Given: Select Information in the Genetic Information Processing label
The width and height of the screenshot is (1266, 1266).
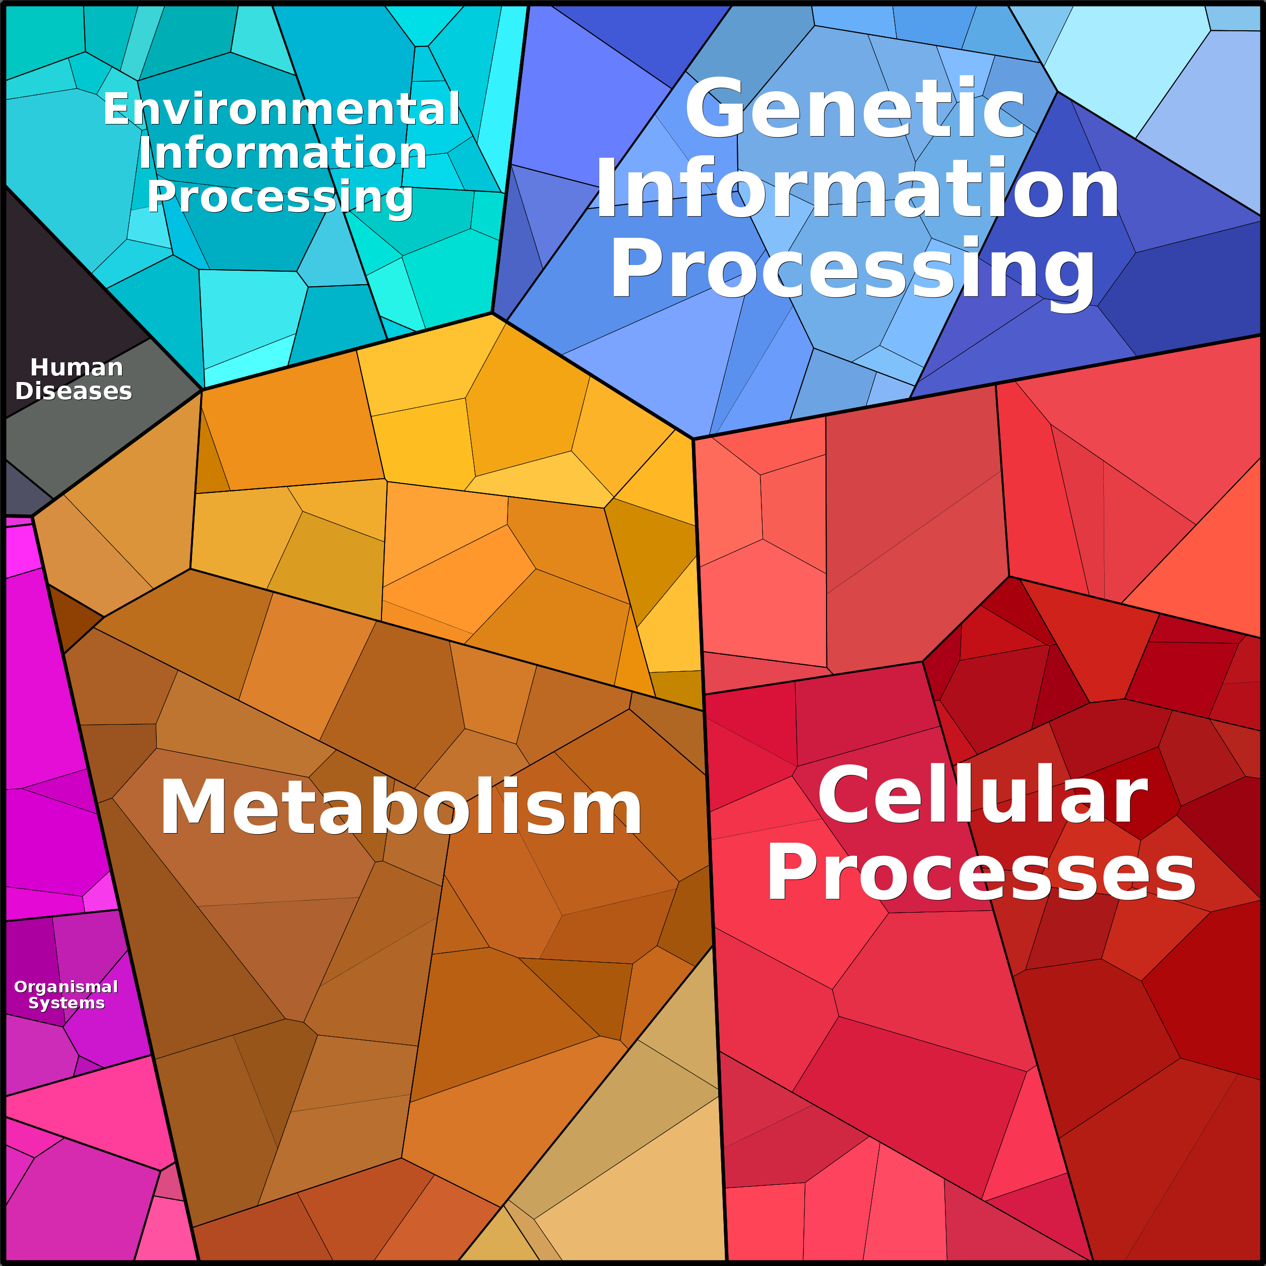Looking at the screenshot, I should click(x=857, y=190).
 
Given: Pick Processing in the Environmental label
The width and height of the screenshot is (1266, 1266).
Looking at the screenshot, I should click(x=280, y=197).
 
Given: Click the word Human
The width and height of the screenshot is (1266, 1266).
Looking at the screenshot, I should click(x=77, y=367).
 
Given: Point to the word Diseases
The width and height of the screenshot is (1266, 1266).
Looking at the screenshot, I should click(x=74, y=391).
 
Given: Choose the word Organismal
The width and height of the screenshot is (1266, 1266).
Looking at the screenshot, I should click(x=66, y=986).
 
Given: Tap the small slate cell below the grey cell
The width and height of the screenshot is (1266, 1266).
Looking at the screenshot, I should click(x=20, y=491).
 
